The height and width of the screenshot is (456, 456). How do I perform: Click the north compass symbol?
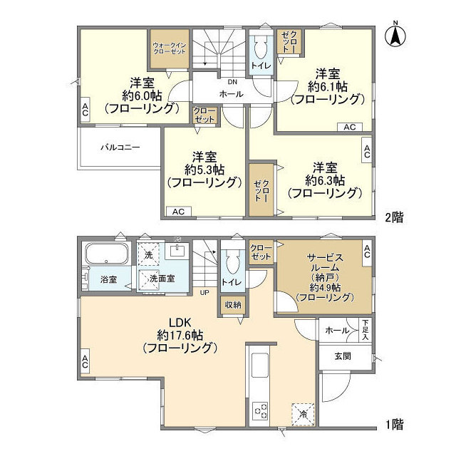pyautogui.click(x=396, y=36)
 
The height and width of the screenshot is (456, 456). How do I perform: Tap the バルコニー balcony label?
pyautogui.click(x=120, y=147)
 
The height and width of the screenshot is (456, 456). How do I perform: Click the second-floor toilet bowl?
pyautogui.click(x=259, y=48)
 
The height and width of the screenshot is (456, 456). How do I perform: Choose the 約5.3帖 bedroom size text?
pyautogui.click(x=203, y=170)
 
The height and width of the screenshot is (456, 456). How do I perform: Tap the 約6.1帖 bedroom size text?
pyautogui.click(x=325, y=86)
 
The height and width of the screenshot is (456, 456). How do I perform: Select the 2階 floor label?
pyautogui.click(x=394, y=218)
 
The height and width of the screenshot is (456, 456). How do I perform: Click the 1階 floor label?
pyautogui.click(x=394, y=425)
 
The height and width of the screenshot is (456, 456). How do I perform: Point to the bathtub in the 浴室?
pyautogui.click(x=105, y=254)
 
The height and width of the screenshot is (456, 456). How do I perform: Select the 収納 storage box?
pyautogui.click(x=232, y=305)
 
